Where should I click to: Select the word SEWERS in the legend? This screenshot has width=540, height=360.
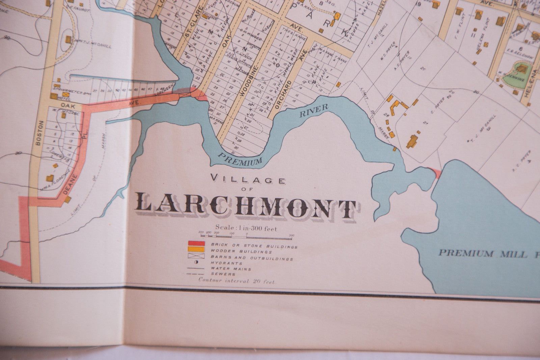223,274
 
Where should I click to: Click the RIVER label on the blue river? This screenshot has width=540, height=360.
314,111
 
